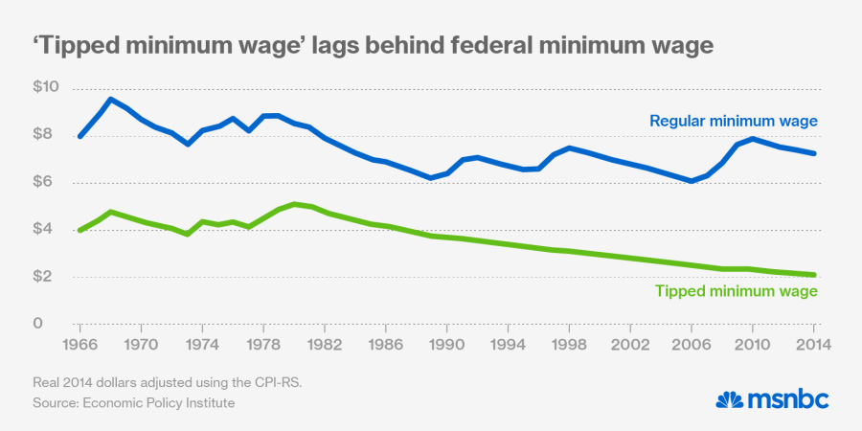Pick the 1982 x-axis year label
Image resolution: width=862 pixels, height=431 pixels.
(x=326, y=343)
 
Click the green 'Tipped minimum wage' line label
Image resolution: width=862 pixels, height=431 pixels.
(x=736, y=292)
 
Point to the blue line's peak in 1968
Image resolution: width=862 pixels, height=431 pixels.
(x=110, y=99)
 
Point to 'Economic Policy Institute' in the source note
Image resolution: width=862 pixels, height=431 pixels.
(x=160, y=403)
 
